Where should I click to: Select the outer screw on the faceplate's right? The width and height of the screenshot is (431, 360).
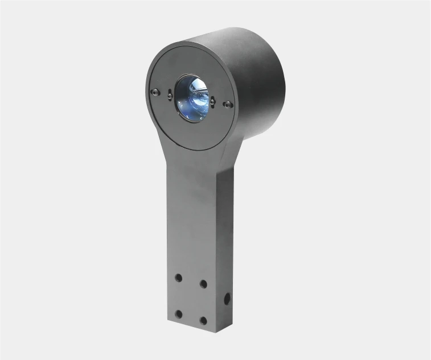tap(228, 104)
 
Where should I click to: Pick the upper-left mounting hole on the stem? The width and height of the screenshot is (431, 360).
tap(178, 277)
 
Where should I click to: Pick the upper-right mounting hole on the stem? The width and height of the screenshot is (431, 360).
tap(203, 283)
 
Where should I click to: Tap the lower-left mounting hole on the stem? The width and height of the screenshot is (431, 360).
tap(178, 313)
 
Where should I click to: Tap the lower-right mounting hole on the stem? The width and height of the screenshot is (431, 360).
tap(203, 321)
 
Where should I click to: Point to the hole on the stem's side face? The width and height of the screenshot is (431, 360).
tap(227, 297)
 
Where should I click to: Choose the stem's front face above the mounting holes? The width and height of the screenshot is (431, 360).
tap(191, 222)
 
